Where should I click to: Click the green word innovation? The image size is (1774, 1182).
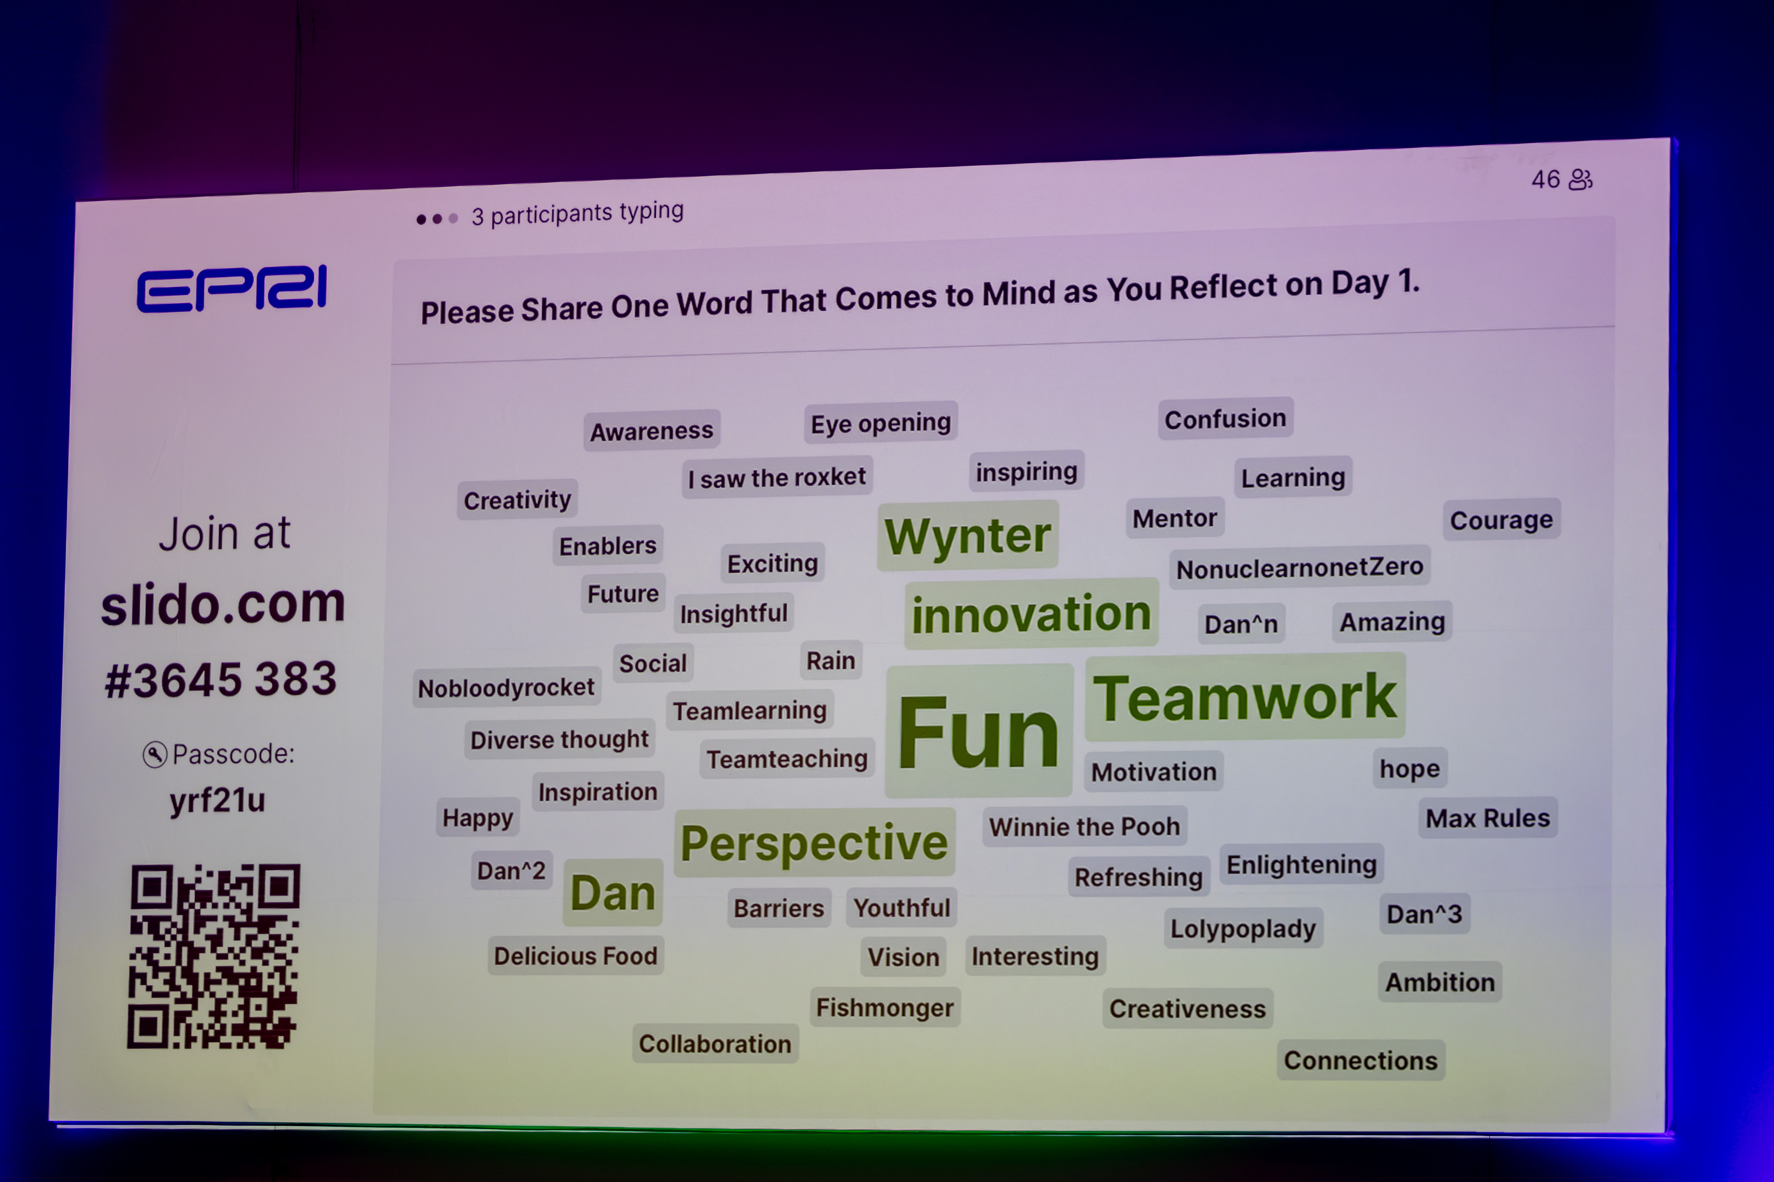coord(1031,614)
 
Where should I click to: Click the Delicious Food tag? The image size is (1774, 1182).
coord(575,956)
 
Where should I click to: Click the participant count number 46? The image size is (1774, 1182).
coord(1545,179)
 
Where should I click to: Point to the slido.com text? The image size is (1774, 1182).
coord(223,605)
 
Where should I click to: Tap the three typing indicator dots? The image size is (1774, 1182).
coord(437,219)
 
